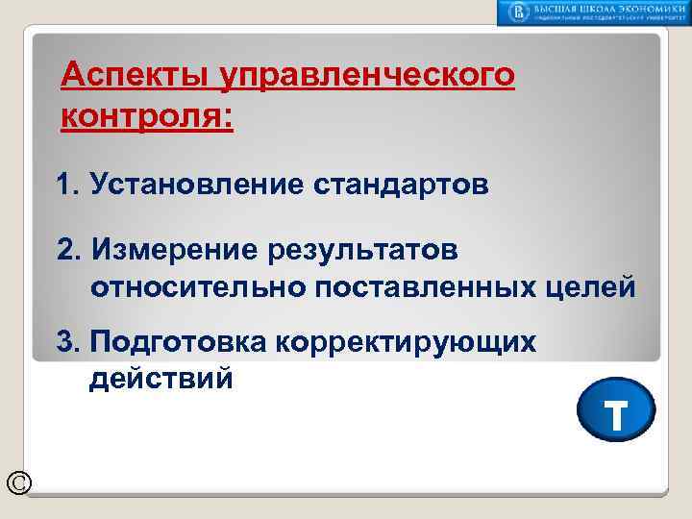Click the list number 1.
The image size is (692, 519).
(66, 185)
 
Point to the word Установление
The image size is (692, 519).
(196, 185)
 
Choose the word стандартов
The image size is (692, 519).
(399, 185)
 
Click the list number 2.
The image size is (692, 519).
(67, 250)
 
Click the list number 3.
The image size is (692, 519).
(67, 343)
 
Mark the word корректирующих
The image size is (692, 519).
(404, 343)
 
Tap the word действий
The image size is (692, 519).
(161, 379)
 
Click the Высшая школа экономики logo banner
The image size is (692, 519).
(593, 12)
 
